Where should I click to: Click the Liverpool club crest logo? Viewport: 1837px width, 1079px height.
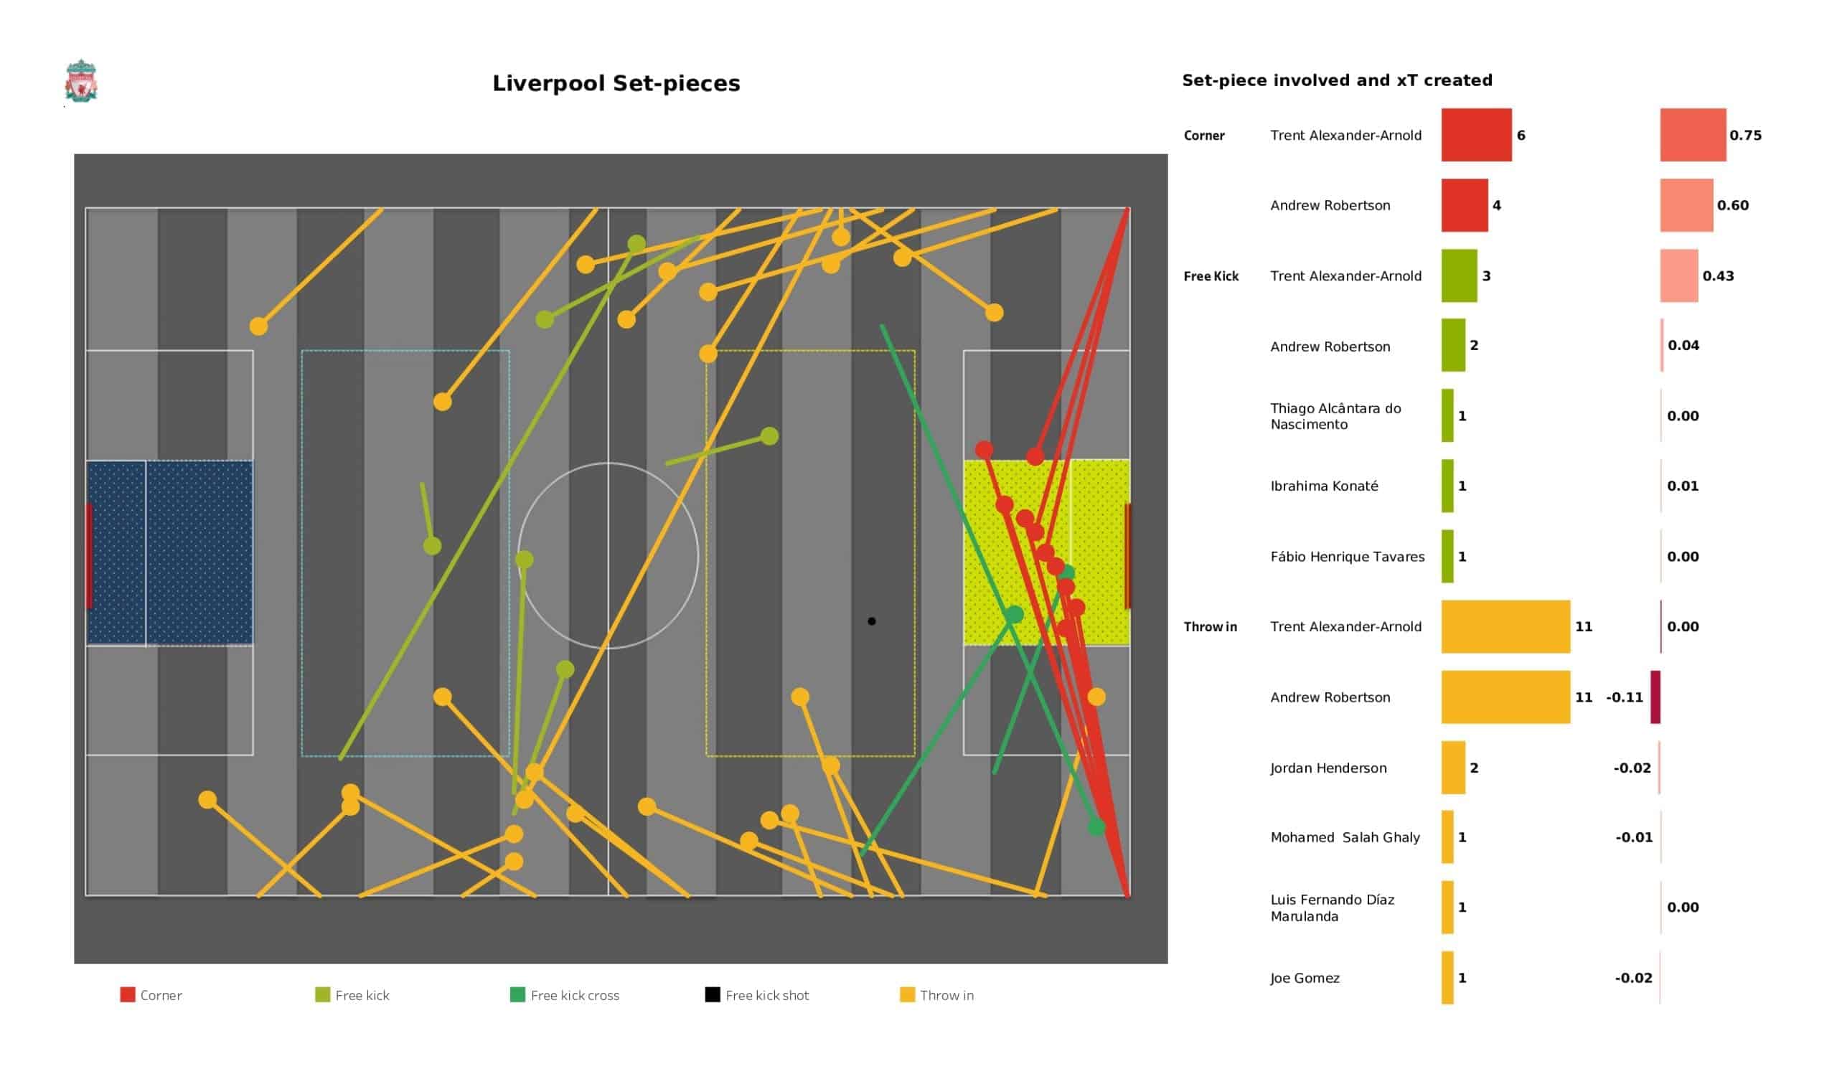click(81, 82)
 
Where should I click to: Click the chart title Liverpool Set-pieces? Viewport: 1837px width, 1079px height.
click(616, 83)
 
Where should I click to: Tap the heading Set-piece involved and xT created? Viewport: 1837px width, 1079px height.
click(1337, 80)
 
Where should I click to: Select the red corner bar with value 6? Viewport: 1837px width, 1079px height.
click(1476, 135)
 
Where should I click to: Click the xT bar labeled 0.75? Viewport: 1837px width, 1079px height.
click(1693, 135)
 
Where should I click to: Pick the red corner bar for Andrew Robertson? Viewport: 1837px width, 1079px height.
click(1465, 205)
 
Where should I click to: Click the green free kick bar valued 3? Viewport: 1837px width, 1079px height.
click(1459, 275)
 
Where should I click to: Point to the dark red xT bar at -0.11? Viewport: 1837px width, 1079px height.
click(1655, 697)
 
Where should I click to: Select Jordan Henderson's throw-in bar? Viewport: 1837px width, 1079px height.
click(1453, 768)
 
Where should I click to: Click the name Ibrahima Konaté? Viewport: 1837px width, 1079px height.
click(1324, 486)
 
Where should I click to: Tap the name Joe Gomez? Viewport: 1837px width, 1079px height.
click(1305, 978)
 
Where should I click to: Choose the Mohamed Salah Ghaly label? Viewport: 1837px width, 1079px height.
click(1345, 838)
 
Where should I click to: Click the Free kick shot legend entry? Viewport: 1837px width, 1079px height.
click(756, 995)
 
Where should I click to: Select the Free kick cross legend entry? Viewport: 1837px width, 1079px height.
click(564, 995)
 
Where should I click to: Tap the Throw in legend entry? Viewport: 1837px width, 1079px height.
click(936, 995)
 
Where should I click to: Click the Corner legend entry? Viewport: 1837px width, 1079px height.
click(151, 995)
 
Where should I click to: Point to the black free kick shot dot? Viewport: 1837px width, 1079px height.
click(871, 621)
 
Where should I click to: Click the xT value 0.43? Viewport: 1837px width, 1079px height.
click(1717, 275)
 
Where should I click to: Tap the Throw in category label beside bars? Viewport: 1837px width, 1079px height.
click(1210, 627)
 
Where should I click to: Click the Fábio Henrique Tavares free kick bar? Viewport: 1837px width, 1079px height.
click(1447, 556)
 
